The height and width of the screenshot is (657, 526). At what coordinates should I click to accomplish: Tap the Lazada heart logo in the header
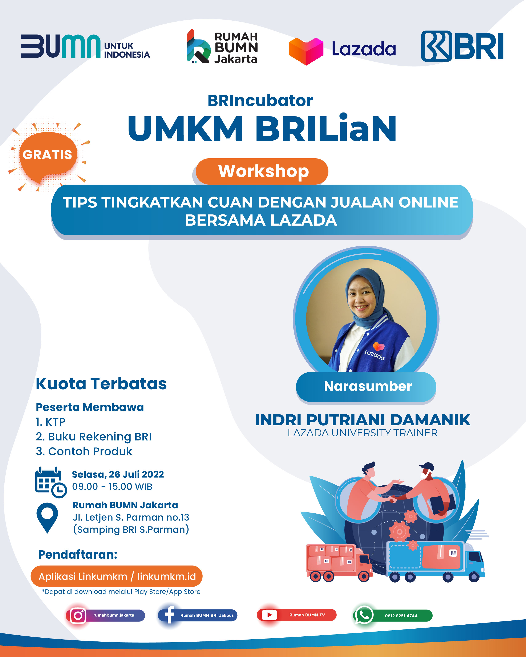click(306, 51)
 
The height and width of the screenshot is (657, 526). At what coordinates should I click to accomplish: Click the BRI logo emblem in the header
click(436, 46)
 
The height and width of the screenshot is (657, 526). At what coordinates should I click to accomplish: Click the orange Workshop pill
click(262, 171)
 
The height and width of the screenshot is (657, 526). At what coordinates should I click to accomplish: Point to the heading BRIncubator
click(260, 100)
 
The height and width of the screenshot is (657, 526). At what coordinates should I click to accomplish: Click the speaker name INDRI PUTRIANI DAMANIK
click(363, 420)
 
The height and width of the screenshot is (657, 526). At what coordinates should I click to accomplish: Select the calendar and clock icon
click(51, 482)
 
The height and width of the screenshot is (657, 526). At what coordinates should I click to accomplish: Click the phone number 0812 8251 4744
click(401, 616)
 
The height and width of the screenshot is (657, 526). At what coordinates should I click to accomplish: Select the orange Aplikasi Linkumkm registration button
click(117, 576)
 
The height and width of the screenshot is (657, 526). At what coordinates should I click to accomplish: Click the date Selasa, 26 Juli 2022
click(118, 475)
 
